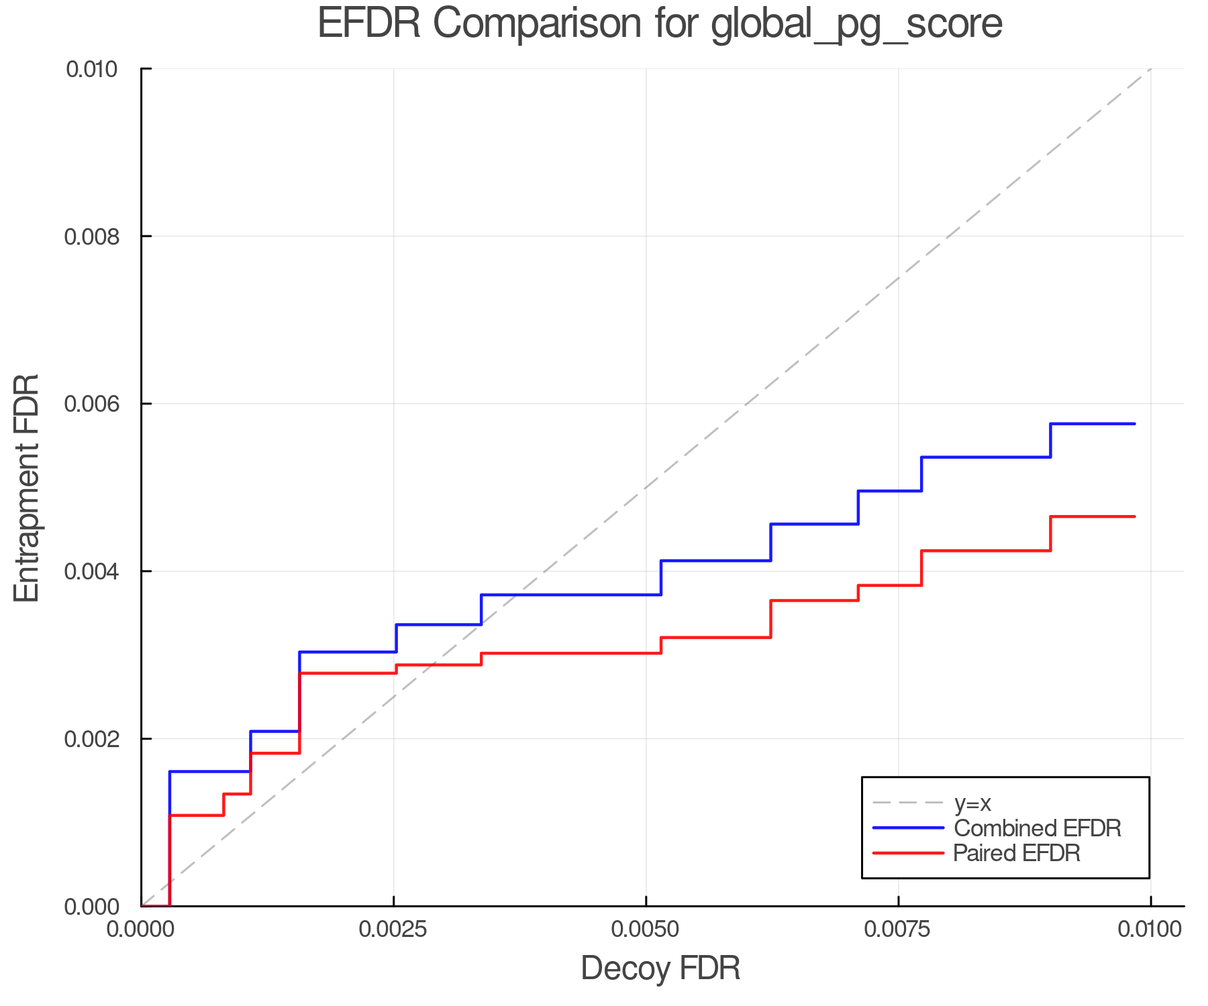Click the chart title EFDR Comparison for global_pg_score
[660, 24]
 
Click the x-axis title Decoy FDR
[660, 968]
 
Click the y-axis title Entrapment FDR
[27, 488]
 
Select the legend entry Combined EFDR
[1037, 828]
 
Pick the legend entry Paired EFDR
[1016, 853]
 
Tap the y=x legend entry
[972, 803]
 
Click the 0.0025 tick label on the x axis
[394, 930]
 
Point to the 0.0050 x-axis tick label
[646, 930]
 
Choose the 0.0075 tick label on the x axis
[898, 930]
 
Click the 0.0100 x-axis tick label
[1150, 930]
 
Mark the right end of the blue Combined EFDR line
[1134, 424]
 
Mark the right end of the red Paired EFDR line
[1134, 516]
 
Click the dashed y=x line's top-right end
[1150, 69]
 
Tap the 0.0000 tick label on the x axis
[142, 930]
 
